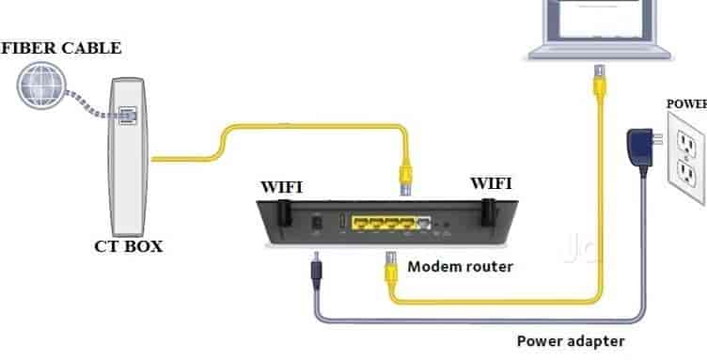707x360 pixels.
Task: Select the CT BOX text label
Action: [x=127, y=247]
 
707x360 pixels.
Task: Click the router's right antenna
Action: [x=488, y=211]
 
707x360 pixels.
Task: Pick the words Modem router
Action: [x=460, y=267]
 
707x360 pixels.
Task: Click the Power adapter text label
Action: [x=570, y=340]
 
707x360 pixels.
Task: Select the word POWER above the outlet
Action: [x=686, y=103]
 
